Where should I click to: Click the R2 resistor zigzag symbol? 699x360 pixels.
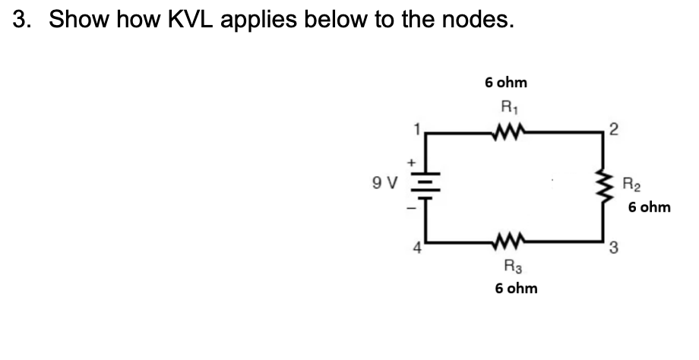coord(606,192)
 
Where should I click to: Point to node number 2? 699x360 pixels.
coord(614,130)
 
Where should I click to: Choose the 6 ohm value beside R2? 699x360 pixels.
coord(650,207)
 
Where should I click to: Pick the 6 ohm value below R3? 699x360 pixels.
coord(516,289)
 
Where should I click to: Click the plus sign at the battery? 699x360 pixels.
coord(414,162)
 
